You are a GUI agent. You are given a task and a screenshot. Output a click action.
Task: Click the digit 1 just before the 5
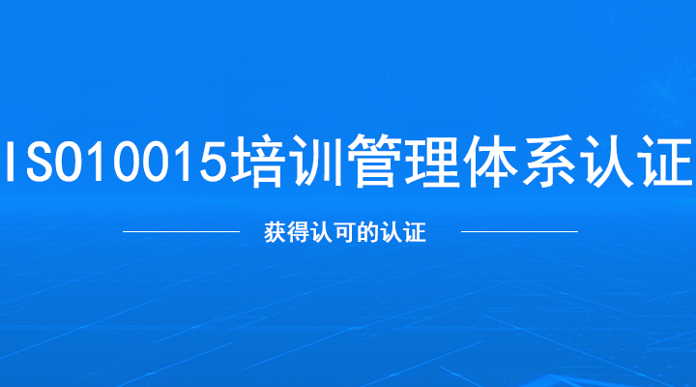click(181, 161)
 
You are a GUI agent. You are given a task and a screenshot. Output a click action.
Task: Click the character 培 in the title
click(256, 160)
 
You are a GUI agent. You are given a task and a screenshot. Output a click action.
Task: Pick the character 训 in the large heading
click(314, 160)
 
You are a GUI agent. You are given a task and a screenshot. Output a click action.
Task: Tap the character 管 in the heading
click(372, 160)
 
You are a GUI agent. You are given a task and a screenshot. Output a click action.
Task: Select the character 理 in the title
click(429, 160)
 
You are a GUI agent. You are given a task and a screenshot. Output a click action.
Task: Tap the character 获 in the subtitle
click(275, 232)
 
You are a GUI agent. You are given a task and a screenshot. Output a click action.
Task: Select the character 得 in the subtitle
click(298, 232)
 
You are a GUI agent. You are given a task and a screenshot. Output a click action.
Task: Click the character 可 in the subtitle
click(344, 232)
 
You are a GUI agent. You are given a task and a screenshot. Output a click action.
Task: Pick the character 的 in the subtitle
click(367, 232)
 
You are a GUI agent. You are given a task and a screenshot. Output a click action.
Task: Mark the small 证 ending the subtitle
click(415, 232)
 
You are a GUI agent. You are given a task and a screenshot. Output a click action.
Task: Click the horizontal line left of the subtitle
click(181, 231)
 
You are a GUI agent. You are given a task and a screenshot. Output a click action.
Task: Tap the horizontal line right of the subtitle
click(519, 231)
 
